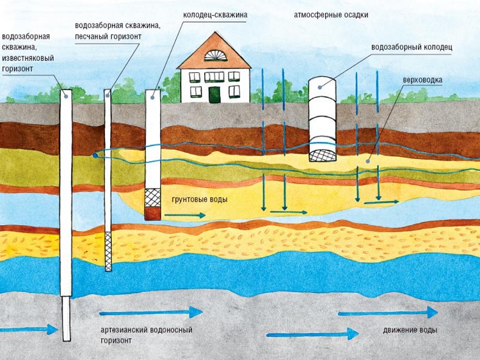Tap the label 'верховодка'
(420, 80)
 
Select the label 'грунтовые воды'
(200, 200)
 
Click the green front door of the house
(214, 94)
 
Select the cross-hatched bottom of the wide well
(321, 153)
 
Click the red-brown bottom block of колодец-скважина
(152, 214)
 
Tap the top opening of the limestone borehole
(66, 93)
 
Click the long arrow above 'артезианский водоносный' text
(150, 313)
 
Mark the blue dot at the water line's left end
(95, 155)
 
